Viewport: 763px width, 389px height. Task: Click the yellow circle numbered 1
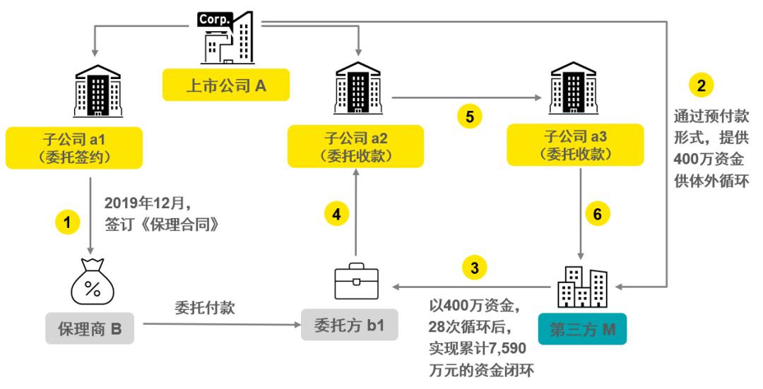(x=68, y=222)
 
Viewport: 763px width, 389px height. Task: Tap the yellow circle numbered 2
(x=701, y=86)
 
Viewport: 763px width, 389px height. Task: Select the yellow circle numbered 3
(x=474, y=268)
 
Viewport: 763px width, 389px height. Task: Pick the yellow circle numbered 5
(x=469, y=115)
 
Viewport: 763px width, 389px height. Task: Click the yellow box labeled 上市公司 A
(x=226, y=85)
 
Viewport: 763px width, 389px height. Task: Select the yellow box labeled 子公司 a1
(x=74, y=148)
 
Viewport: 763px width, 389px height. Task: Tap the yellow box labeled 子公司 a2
(x=356, y=146)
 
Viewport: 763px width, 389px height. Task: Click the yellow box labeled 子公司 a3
(x=576, y=145)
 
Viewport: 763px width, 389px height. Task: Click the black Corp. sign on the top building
(x=214, y=20)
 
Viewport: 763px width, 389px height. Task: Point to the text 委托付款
(x=205, y=307)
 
